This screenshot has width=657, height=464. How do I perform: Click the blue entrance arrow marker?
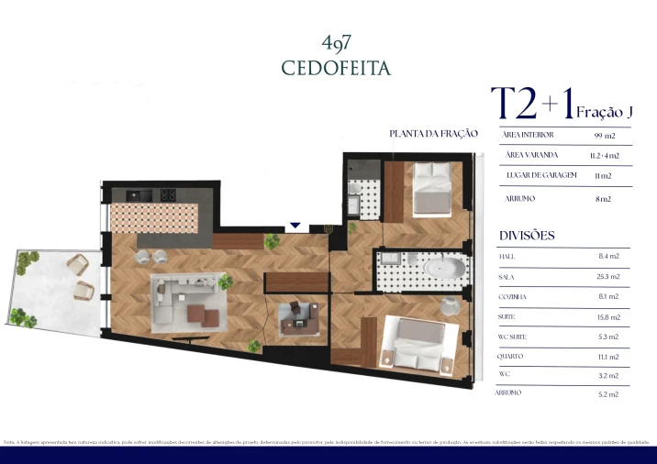click(x=295, y=225)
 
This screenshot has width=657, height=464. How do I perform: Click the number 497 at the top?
click(x=337, y=42)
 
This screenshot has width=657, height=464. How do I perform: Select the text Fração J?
click(x=605, y=112)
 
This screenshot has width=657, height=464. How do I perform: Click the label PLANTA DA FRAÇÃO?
click(x=434, y=134)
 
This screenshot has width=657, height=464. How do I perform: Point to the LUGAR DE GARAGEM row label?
click(x=540, y=175)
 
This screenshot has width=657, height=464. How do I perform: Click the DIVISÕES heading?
click(x=527, y=236)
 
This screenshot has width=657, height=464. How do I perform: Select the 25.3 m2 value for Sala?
click(x=608, y=276)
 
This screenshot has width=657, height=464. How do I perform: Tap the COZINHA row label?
click(x=513, y=297)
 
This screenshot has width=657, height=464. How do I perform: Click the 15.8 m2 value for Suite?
click(x=608, y=317)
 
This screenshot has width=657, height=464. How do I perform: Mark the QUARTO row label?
click(x=513, y=357)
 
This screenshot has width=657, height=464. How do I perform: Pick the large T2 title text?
click(x=515, y=105)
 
